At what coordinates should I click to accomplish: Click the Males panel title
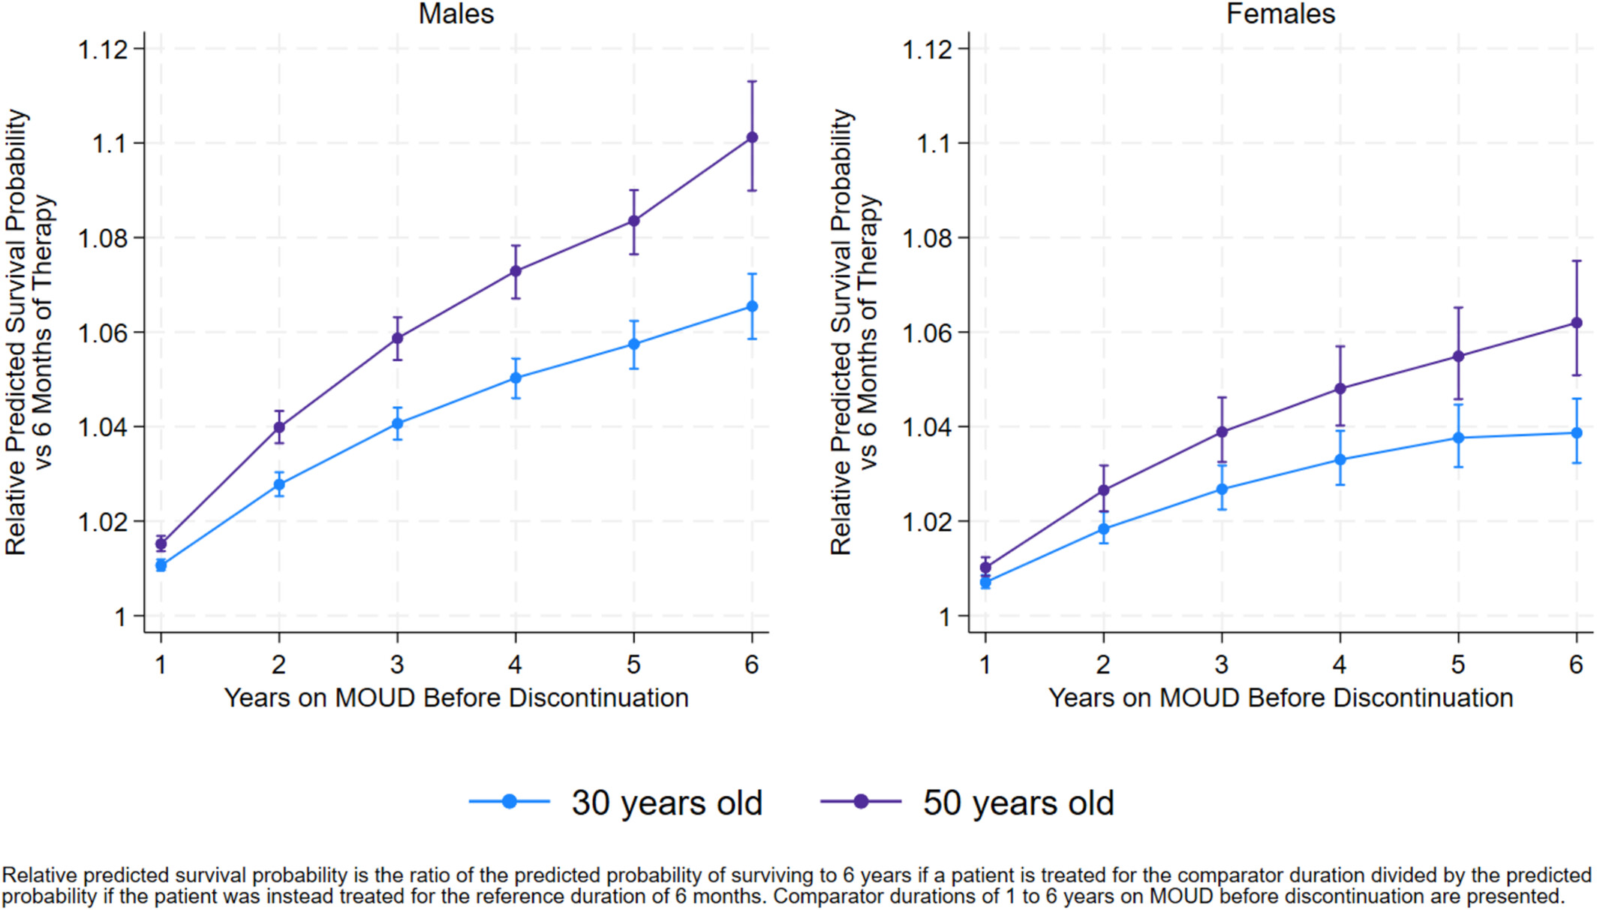(456, 14)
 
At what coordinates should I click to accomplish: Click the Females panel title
(1280, 14)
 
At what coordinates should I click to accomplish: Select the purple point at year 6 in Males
(752, 137)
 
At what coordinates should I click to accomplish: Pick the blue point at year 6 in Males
(752, 306)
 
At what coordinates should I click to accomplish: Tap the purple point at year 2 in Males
(279, 427)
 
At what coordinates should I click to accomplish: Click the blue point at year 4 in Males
(516, 378)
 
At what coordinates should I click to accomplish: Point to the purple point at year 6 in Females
(1577, 323)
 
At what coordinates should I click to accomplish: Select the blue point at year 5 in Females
(1458, 438)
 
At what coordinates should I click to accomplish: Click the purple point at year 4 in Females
(1340, 389)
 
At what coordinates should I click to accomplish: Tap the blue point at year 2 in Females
(1104, 529)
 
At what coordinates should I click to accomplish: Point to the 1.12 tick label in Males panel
(102, 50)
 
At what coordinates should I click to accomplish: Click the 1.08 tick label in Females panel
(927, 239)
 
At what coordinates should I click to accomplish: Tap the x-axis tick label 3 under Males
(397, 664)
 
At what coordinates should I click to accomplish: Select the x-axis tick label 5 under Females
(1458, 664)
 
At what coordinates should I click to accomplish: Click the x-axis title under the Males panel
(456, 698)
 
